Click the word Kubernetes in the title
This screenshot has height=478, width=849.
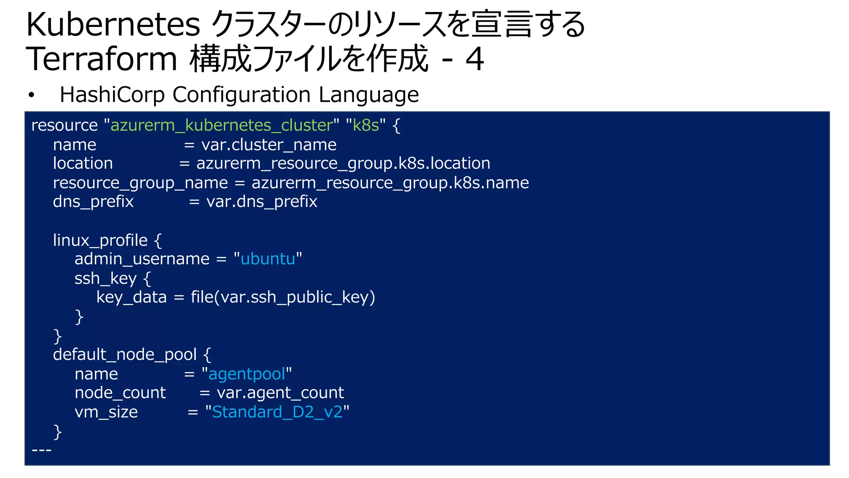pyautogui.click(x=113, y=25)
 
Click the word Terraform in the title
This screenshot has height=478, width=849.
pyautogui.click(x=102, y=59)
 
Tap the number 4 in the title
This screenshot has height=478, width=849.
pyautogui.click(x=475, y=59)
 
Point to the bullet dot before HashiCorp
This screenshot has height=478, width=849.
pyautogui.click(x=31, y=95)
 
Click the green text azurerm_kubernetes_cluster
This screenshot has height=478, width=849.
pyautogui.click(x=222, y=125)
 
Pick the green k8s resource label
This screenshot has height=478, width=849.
pyautogui.click(x=366, y=125)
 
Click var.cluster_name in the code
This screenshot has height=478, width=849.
pyautogui.click(x=269, y=145)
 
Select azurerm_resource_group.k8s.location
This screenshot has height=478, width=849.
pyautogui.click(x=343, y=163)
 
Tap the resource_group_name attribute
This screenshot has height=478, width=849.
pyautogui.click(x=140, y=183)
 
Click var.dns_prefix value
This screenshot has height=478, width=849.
pyautogui.click(x=262, y=202)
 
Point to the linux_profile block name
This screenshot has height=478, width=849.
pyautogui.click(x=100, y=240)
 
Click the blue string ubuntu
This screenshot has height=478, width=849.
pyautogui.click(x=268, y=259)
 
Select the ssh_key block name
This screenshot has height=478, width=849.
pyautogui.click(x=105, y=278)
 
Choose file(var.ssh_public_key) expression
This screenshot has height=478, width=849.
pyautogui.click(x=283, y=297)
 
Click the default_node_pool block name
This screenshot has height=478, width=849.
pyautogui.click(x=124, y=354)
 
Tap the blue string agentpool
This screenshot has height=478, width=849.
pyautogui.click(x=247, y=374)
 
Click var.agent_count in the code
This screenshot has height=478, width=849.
pyautogui.click(x=280, y=393)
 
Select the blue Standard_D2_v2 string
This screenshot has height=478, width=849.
pyautogui.click(x=277, y=412)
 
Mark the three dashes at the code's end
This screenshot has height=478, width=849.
pyautogui.click(x=41, y=450)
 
